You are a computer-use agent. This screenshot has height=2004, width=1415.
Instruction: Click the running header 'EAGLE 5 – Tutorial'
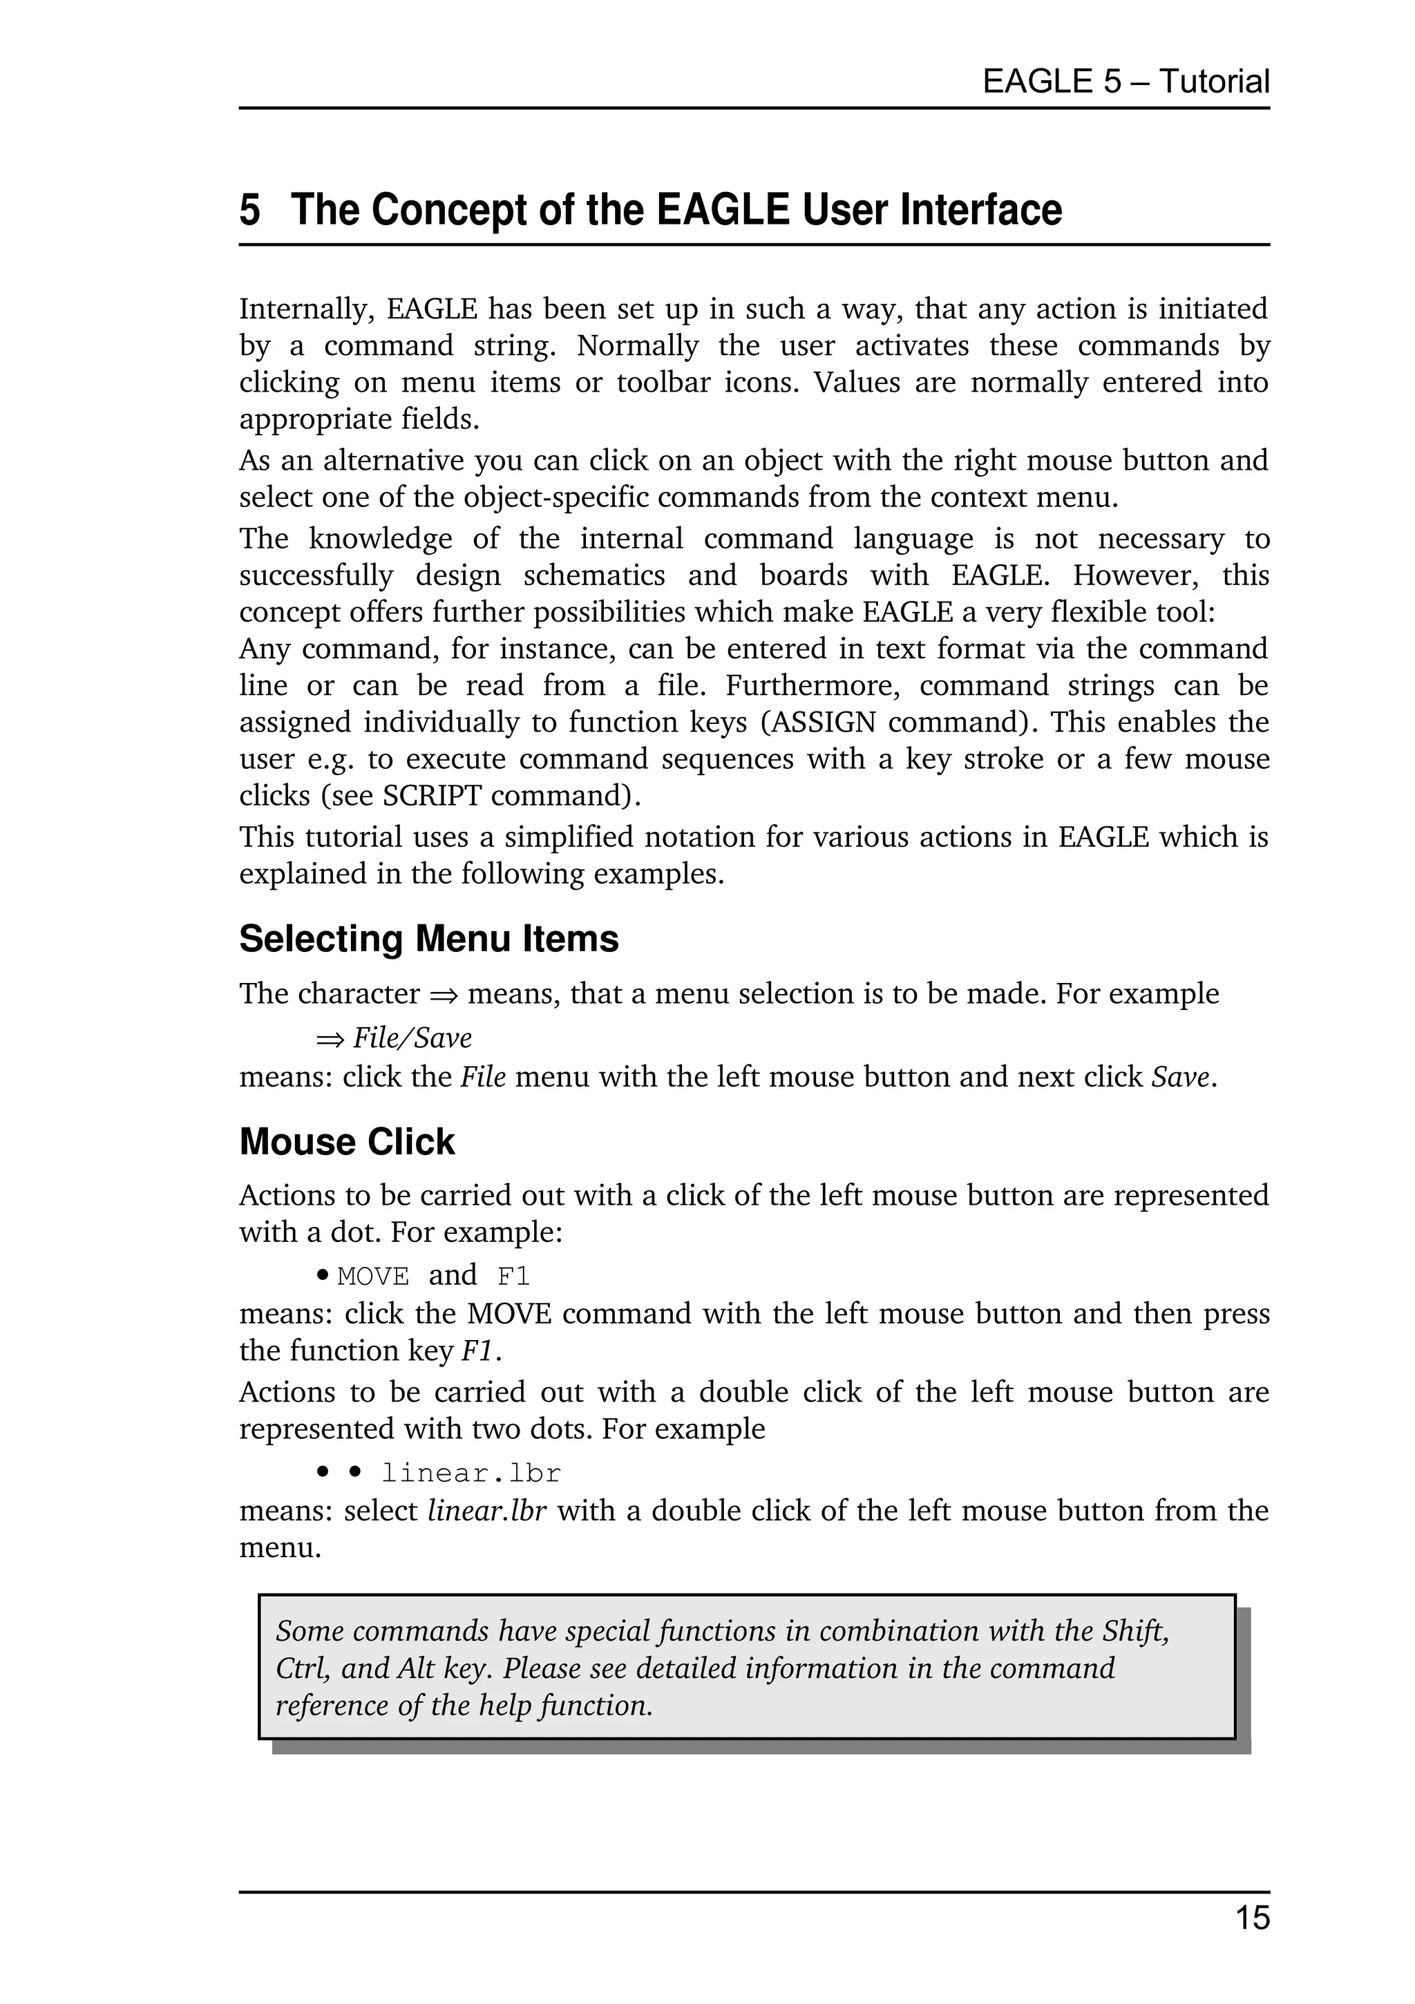1126,82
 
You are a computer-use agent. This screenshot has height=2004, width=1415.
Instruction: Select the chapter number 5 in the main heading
249,211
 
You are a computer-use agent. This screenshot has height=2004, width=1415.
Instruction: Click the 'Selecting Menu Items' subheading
428,939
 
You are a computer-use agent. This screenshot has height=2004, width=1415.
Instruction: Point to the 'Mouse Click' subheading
347,1142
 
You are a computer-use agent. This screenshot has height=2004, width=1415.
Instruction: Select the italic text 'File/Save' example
412,1038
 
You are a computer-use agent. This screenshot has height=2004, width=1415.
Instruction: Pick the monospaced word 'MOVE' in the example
372,1277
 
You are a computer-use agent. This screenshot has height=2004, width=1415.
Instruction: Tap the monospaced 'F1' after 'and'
513,1277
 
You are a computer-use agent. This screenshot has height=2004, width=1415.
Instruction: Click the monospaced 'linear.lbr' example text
471,1473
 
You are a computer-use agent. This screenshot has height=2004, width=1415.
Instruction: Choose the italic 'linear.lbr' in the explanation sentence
486,1511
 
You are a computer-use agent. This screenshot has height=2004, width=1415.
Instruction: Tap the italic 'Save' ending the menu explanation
1180,1077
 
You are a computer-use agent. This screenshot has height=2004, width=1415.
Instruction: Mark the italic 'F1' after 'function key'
477,1351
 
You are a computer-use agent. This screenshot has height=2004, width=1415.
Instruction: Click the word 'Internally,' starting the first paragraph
306,309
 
